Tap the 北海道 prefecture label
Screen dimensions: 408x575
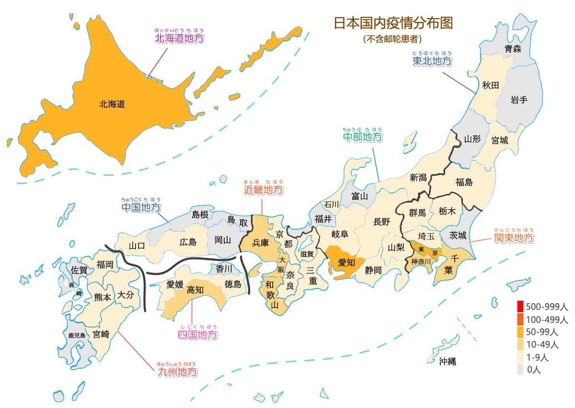pos(112,104)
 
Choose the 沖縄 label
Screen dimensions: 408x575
pos(447,361)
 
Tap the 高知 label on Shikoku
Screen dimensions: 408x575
pos(195,289)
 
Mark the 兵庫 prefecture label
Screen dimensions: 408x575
pos(261,243)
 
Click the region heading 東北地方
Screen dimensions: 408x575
pos(432,61)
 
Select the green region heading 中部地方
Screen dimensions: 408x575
pos(363,137)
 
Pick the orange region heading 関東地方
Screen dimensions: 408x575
pos(514,238)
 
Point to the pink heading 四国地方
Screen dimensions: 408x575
pos(197,334)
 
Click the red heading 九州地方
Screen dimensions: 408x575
pos(177,372)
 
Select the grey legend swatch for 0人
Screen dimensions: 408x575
pos(520,369)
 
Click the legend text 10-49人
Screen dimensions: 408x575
pos(542,344)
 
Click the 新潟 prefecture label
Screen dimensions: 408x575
pos(418,177)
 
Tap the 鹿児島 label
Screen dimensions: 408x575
pos(77,335)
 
